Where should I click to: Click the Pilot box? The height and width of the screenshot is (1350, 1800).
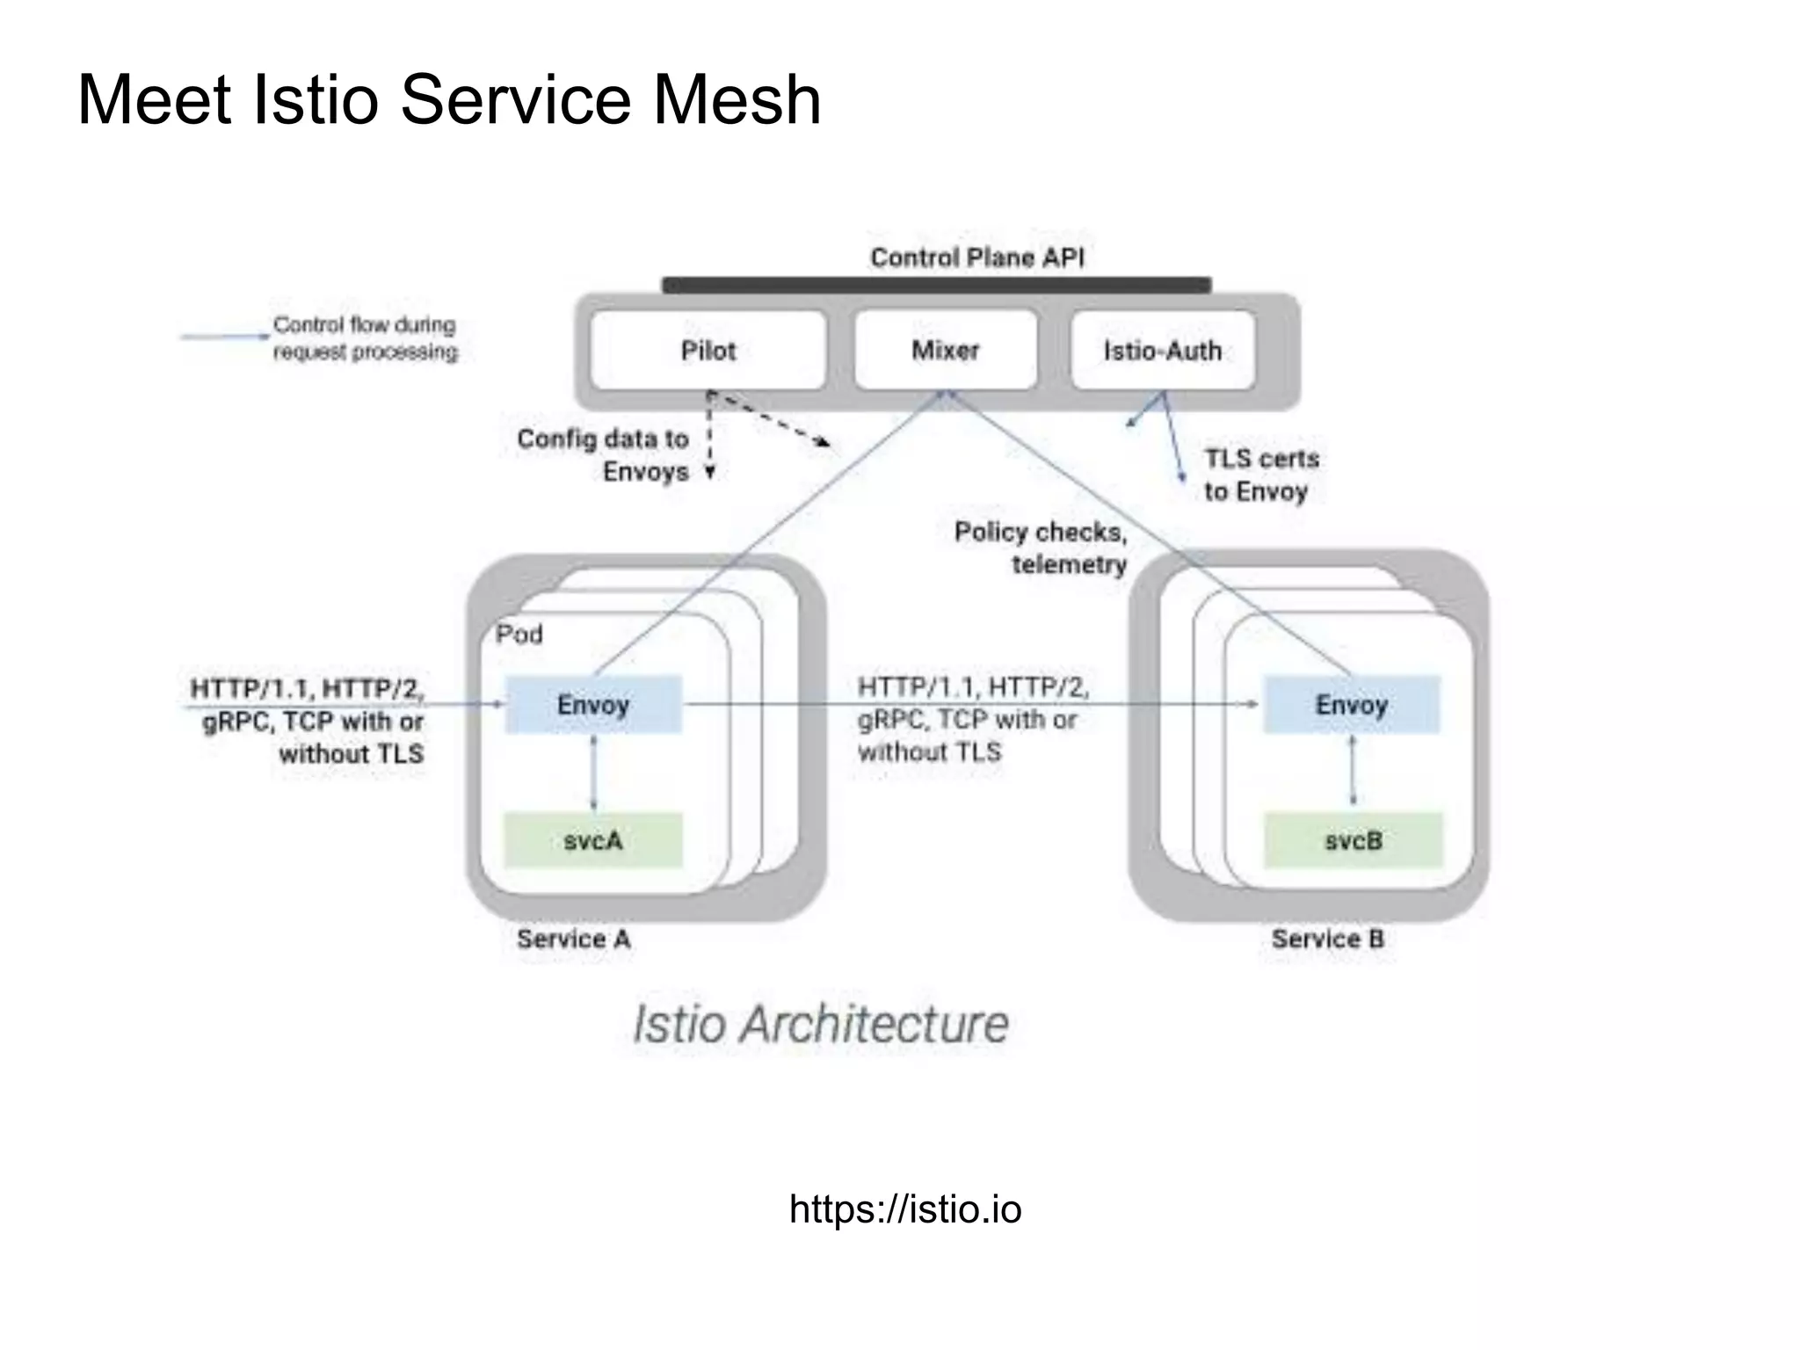(708, 350)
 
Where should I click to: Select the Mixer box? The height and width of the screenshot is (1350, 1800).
(945, 350)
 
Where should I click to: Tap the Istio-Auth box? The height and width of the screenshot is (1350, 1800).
(1163, 351)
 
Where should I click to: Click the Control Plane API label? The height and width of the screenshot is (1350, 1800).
(977, 258)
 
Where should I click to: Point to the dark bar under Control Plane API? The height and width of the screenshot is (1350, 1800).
(936, 285)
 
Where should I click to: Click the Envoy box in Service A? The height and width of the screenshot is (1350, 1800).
(593, 704)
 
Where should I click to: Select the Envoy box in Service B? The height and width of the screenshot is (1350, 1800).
(1351, 704)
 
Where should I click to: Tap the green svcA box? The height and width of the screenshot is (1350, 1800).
(593, 840)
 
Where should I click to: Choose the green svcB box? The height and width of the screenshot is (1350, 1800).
(1354, 840)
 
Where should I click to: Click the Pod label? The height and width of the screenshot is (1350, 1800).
(519, 634)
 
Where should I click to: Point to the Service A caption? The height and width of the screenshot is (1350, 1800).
(573, 939)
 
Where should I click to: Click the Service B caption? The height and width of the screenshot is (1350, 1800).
(1327, 939)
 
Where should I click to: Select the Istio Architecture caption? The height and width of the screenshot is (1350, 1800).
(820, 1024)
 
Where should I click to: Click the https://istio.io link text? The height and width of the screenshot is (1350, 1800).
(905, 1209)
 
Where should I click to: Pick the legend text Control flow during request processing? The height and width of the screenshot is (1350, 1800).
(365, 338)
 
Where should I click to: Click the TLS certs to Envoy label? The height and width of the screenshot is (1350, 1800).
(1260, 475)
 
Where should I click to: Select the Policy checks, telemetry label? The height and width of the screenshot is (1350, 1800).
(1042, 548)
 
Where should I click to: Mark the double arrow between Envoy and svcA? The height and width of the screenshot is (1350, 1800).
(593, 773)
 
